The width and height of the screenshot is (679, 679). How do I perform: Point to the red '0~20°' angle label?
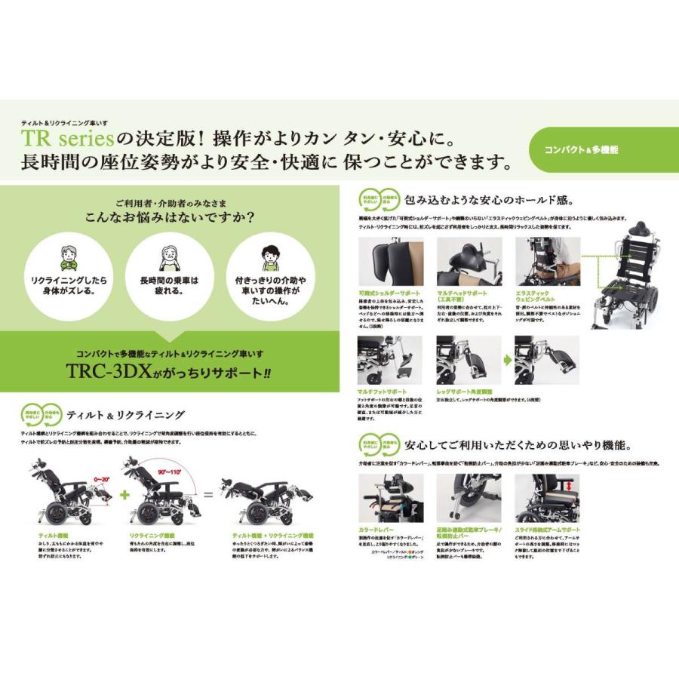coord(102,478)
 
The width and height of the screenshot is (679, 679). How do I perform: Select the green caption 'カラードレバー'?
coord(377,531)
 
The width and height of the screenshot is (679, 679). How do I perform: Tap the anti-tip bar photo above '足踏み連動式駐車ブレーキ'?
coord(469,498)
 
